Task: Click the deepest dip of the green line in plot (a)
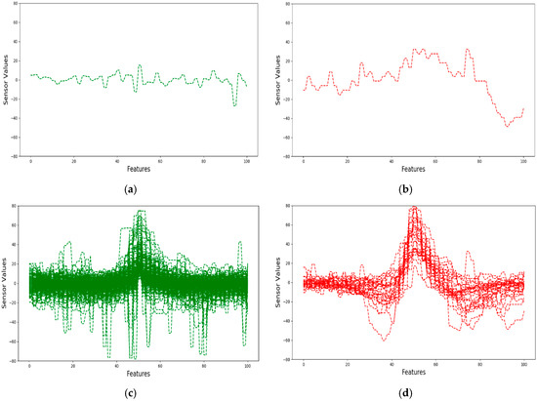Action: [x=234, y=105]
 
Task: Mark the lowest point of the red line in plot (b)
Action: [x=506, y=127]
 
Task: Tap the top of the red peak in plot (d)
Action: [x=414, y=207]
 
